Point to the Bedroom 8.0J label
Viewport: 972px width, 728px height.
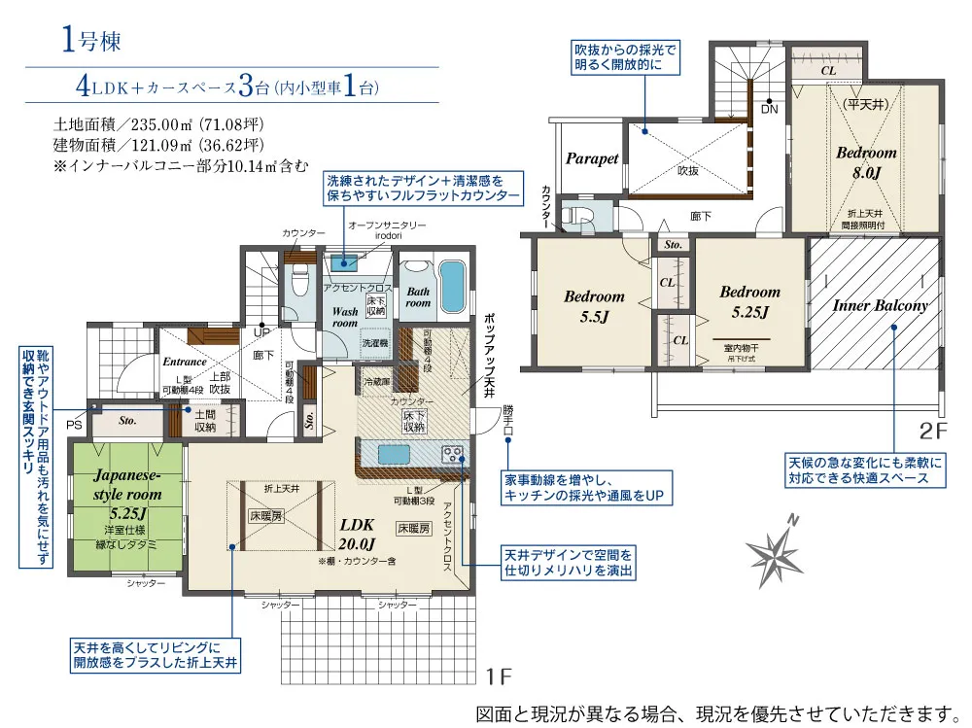[x=866, y=162]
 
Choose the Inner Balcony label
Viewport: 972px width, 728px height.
[x=881, y=305]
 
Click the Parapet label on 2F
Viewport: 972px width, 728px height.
[x=592, y=158]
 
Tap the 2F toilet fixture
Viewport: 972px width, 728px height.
[x=581, y=215]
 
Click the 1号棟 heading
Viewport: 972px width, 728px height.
[x=89, y=41]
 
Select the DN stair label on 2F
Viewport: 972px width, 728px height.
[x=769, y=109]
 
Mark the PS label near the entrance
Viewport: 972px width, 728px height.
[x=75, y=425]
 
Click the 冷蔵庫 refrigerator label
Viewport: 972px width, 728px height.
[x=376, y=382]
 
